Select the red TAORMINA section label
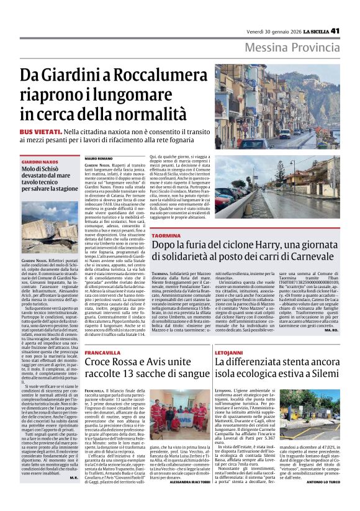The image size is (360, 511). pos(166,237)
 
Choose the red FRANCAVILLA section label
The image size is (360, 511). pos(103,353)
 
